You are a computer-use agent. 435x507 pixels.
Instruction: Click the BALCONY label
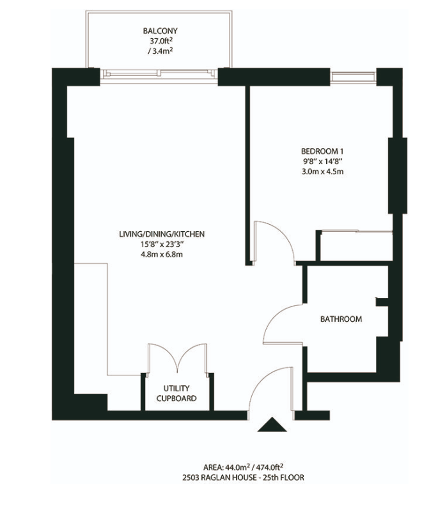tap(160, 31)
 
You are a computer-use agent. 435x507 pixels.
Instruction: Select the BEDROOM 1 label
tap(322, 151)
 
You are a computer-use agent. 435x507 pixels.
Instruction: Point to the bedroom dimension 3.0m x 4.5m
tap(322, 171)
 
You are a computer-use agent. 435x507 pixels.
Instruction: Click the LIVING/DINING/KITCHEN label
tap(162, 234)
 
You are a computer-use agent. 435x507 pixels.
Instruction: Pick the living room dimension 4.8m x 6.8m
tap(162, 254)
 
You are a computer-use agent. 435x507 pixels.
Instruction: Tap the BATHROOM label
tap(341, 319)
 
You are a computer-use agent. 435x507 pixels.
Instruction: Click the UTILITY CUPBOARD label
tap(176, 393)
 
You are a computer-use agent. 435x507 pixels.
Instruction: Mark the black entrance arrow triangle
tap(272, 424)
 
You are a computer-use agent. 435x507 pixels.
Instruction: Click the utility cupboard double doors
tap(177, 358)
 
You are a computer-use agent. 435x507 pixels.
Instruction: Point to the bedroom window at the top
tap(353, 77)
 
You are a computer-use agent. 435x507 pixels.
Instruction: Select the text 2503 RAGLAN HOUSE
tap(219, 477)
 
